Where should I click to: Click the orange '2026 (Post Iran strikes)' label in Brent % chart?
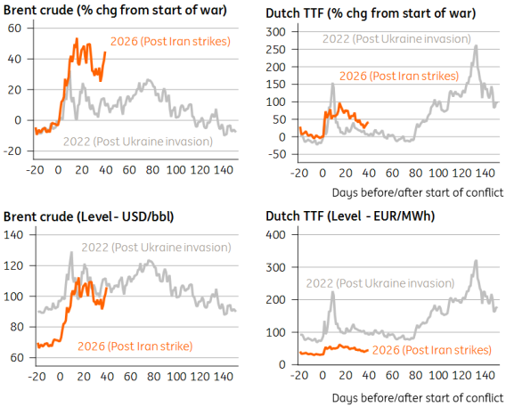coord(170,42)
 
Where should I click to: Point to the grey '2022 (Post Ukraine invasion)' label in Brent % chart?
coord(137,141)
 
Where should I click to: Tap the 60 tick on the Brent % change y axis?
coord(14,28)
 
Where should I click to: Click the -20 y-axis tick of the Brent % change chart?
coord(12,151)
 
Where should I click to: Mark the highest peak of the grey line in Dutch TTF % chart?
coord(477,46)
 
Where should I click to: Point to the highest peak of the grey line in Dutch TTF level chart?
coord(477,261)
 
